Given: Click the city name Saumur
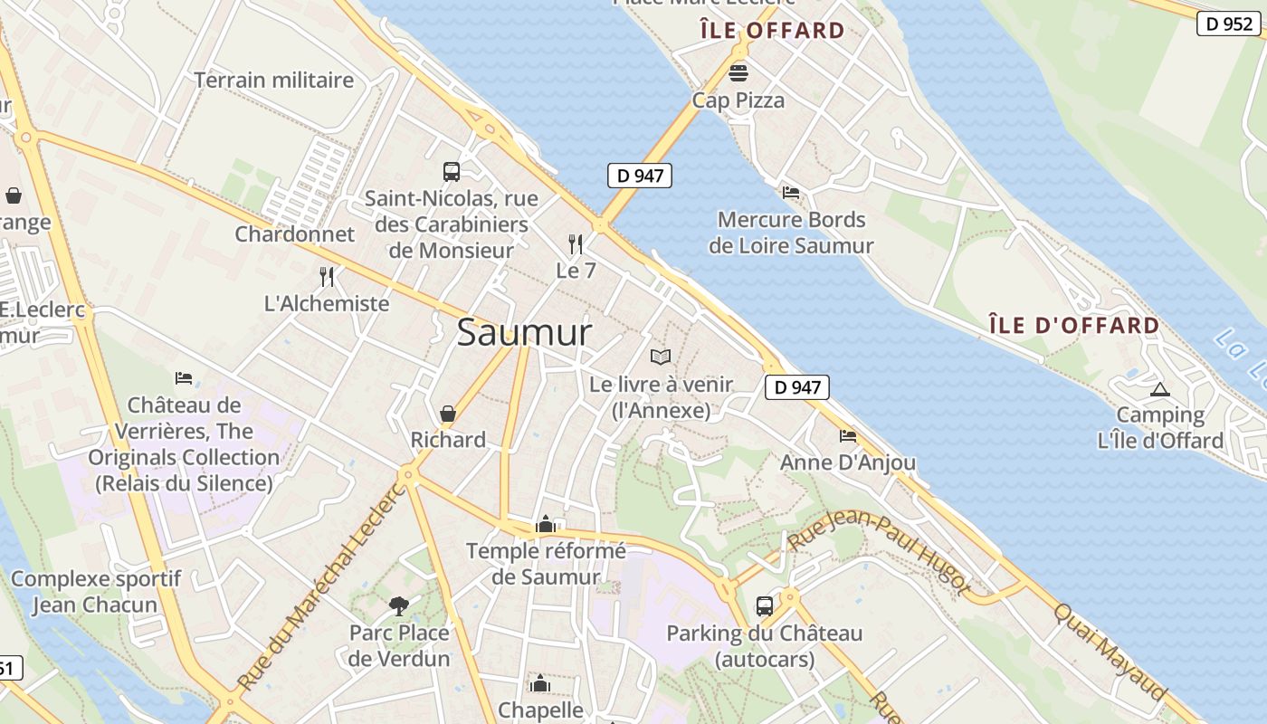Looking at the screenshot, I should point(524,332).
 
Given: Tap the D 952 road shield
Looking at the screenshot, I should point(1228,24).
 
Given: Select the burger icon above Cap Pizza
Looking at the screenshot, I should point(738,71).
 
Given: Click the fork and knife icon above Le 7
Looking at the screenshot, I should point(575,243).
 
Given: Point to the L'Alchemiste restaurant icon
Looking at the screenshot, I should point(327,276).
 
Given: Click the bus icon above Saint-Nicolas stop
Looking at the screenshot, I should point(451,171).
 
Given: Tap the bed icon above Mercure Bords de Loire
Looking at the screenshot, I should point(791,193).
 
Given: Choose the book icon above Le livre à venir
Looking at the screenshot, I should point(661,357).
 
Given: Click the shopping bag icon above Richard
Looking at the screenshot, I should point(447,414).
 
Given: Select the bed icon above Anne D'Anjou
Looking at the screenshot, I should point(848,436).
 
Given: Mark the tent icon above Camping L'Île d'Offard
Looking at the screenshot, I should point(1160,390).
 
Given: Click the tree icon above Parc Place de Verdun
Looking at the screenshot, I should point(398,605).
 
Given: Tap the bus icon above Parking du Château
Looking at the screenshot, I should point(765,605).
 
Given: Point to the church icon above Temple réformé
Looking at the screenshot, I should point(545,524).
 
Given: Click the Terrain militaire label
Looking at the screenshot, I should point(273,80).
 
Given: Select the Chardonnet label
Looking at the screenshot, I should point(295,233).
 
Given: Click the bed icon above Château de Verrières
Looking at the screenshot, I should point(184,377).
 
